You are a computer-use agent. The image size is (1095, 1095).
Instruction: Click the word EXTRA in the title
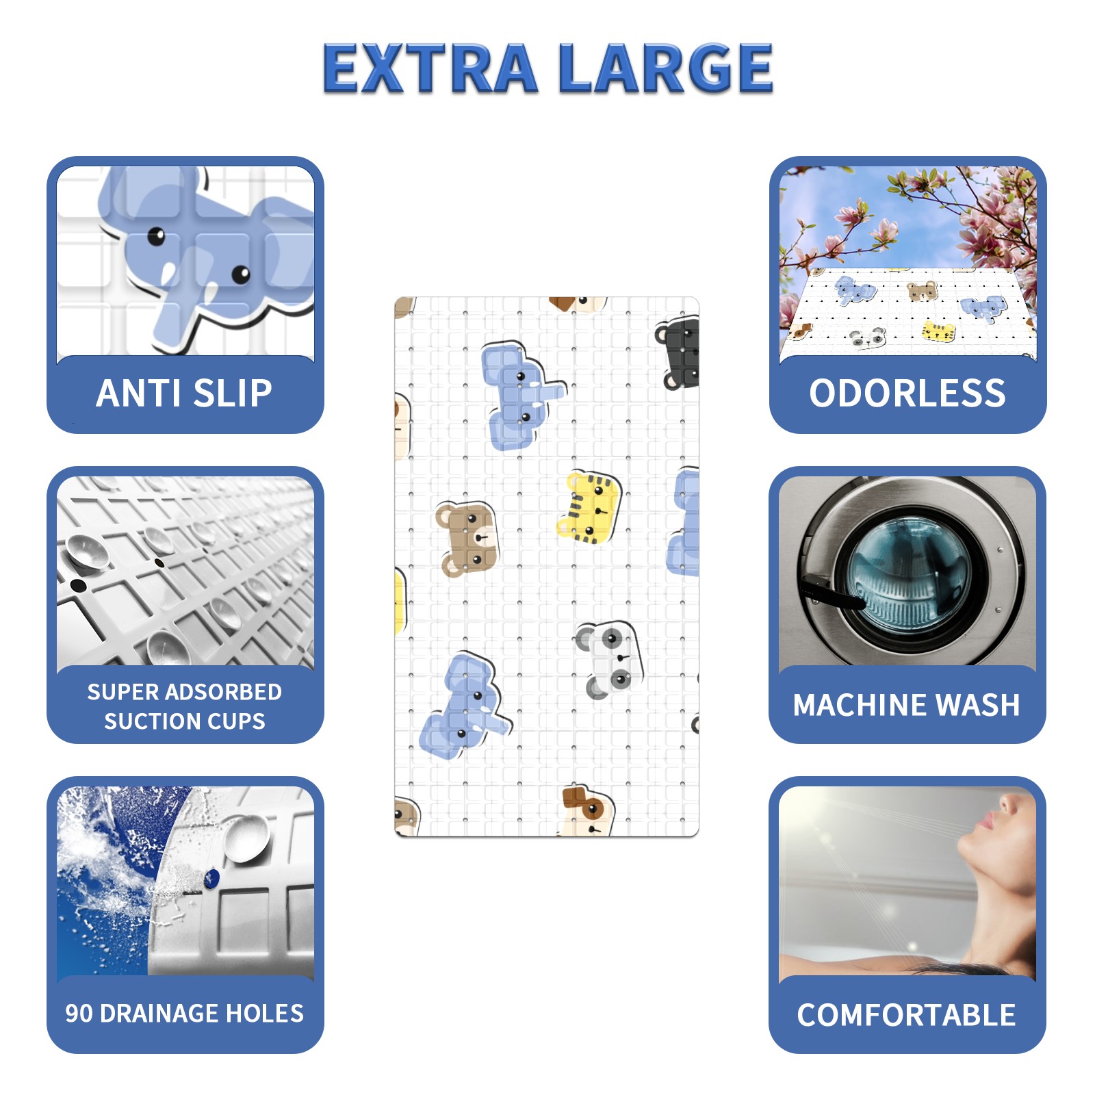click(430, 68)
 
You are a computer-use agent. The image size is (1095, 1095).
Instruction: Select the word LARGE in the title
click(665, 68)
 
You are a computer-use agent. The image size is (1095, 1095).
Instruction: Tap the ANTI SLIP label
click(185, 393)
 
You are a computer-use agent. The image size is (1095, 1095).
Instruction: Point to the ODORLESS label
click(907, 393)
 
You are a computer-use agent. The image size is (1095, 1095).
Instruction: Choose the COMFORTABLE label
click(907, 1015)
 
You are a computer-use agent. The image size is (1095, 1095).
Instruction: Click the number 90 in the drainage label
click(79, 1014)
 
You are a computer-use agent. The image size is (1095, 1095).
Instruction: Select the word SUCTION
click(147, 721)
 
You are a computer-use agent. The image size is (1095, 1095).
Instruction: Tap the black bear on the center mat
click(678, 353)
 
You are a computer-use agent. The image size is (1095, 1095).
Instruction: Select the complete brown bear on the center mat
click(467, 539)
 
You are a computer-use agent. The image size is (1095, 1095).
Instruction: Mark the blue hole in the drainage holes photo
click(211, 878)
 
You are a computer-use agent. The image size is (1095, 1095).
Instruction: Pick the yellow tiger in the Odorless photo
click(939, 331)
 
